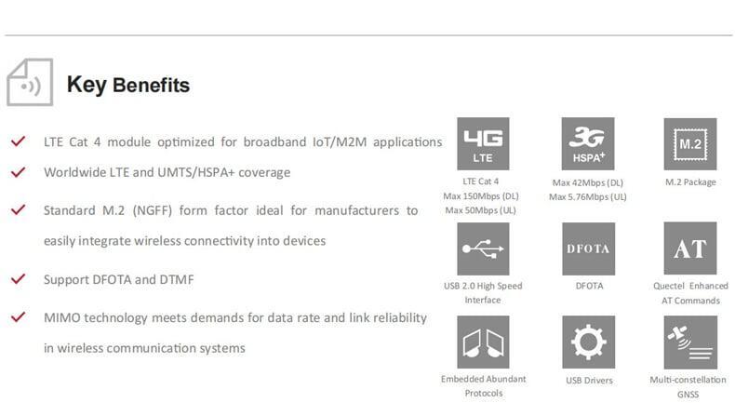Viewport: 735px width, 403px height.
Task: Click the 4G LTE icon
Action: point(483,143)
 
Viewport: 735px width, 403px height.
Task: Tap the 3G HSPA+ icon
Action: point(588,143)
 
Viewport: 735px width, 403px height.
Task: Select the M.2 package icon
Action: point(690,144)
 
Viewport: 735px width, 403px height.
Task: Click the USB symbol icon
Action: point(483,249)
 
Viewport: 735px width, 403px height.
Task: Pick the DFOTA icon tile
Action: point(588,249)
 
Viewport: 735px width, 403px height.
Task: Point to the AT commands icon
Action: point(690,249)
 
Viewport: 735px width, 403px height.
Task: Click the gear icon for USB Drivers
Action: point(588,342)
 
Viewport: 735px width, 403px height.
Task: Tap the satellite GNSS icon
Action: point(690,342)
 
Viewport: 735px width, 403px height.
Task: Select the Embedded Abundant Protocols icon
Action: point(483,342)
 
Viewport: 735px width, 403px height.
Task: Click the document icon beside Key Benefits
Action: point(30,82)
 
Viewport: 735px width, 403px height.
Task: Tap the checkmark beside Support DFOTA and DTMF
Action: point(19,278)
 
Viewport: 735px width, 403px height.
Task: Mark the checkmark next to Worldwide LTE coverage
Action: point(19,172)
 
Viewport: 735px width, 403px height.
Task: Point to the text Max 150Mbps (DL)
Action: point(481,195)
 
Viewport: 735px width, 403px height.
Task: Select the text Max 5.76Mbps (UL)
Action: point(588,196)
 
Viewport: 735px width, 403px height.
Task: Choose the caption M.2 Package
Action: point(690,182)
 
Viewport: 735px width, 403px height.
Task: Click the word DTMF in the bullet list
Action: point(176,279)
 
